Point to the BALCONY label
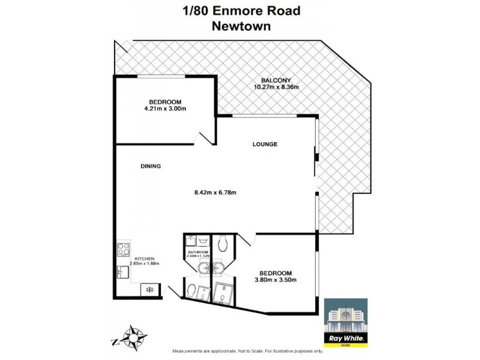[x=275, y=80]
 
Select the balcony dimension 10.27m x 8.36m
[x=275, y=88]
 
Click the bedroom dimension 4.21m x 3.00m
[x=164, y=109]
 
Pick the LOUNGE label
[x=265, y=144]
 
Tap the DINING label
[x=151, y=166]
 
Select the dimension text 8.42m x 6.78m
[x=215, y=193]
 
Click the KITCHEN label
[x=143, y=258]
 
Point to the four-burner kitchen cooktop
[x=124, y=248]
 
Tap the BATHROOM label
[x=197, y=252]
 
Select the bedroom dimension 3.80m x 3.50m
[x=276, y=280]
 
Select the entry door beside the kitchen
[x=172, y=293]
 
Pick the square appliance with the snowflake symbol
[x=149, y=290]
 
